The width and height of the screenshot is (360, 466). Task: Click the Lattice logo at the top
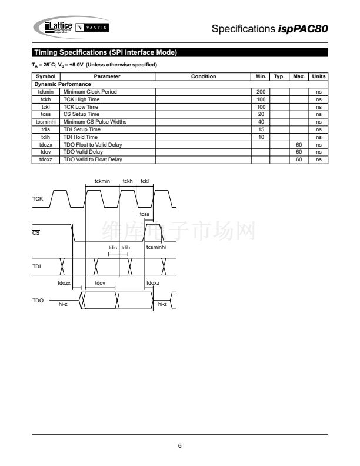point(58,27)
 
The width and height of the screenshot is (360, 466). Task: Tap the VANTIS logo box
point(92,28)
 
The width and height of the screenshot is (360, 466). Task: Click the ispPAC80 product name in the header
point(303,29)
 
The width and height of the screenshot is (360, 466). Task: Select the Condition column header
point(204,76)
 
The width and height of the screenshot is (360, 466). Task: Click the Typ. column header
point(279,76)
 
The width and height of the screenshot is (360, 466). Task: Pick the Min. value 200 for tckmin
point(261,92)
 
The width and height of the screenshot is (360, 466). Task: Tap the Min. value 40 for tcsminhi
point(261,122)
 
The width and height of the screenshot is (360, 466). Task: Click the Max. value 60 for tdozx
point(299,144)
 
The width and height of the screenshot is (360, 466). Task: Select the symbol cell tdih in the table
point(45,137)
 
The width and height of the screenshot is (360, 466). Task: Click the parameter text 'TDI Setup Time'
point(82,129)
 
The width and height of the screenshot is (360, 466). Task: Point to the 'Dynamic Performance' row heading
point(63,84)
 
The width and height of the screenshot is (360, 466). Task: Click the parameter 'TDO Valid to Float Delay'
point(93,159)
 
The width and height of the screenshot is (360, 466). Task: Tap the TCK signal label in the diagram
point(38,198)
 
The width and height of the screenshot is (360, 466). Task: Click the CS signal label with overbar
point(36,232)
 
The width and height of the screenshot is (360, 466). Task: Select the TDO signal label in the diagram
point(38,301)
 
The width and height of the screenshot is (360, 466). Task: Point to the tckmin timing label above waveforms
point(102,181)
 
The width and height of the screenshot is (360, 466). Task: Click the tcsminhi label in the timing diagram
point(156,247)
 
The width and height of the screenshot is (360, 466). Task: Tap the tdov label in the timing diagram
point(100,283)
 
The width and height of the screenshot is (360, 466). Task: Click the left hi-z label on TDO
point(63,304)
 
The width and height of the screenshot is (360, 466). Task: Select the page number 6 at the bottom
point(179,445)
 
